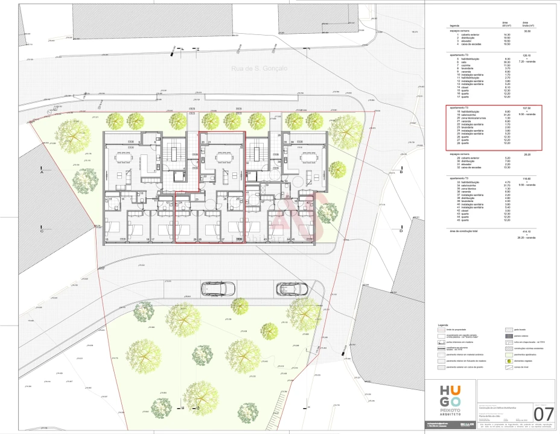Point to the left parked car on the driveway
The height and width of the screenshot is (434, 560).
click(218, 289)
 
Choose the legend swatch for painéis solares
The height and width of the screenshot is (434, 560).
click(508, 336)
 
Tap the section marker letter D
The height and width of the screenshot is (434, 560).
click(401, 230)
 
